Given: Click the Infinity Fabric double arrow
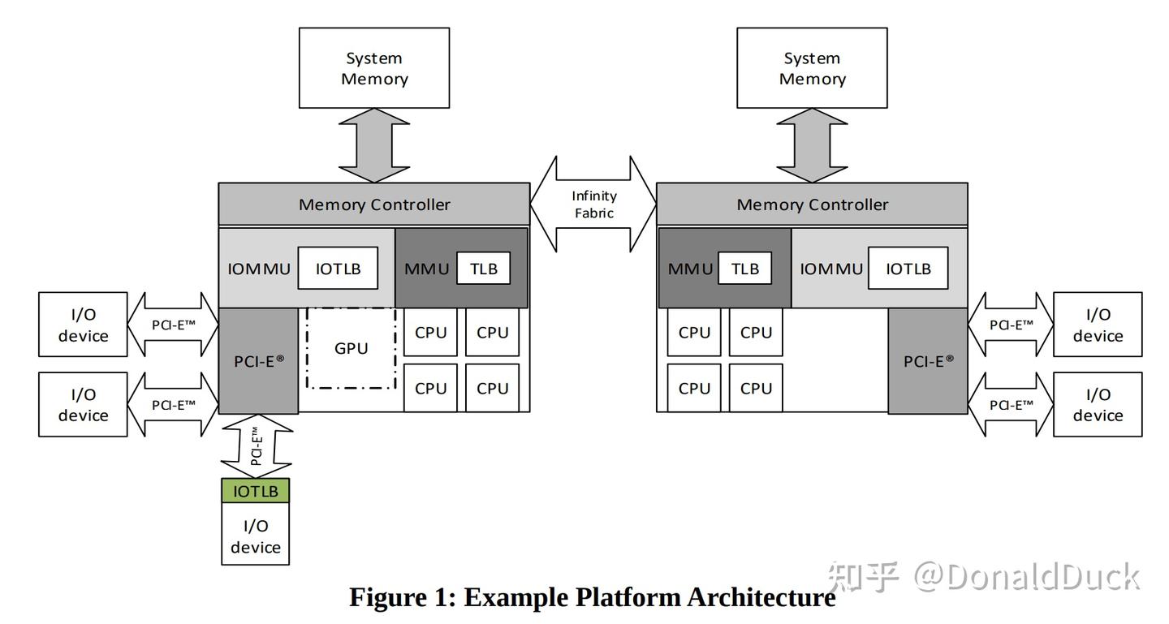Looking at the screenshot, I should (x=593, y=204).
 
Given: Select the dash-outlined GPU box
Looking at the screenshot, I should (x=351, y=348).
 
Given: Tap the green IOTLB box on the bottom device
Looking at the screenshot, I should (x=255, y=491).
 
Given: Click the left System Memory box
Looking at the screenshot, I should (x=373, y=68).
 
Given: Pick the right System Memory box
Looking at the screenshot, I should (x=812, y=68).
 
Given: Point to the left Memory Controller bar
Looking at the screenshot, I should (x=373, y=204).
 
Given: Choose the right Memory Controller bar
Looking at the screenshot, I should (x=812, y=204).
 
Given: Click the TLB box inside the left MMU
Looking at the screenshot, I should (x=483, y=269).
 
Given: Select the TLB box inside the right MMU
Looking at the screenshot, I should (x=745, y=269).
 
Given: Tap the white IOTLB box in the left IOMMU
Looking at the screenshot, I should (x=338, y=269).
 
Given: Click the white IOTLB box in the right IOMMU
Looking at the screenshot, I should (x=908, y=269).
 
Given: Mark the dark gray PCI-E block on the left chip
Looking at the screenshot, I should (x=259, y=361).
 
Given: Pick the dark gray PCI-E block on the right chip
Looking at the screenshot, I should (x=928, y=361).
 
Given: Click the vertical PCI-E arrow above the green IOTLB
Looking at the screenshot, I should (x=255, y=445).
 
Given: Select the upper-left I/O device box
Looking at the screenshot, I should (x=83, y=325).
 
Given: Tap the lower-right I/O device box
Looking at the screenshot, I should (x=1098, y=404).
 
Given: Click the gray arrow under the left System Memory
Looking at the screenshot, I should (x=373, y=145).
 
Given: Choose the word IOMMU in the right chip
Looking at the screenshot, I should (x=831, y=269).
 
